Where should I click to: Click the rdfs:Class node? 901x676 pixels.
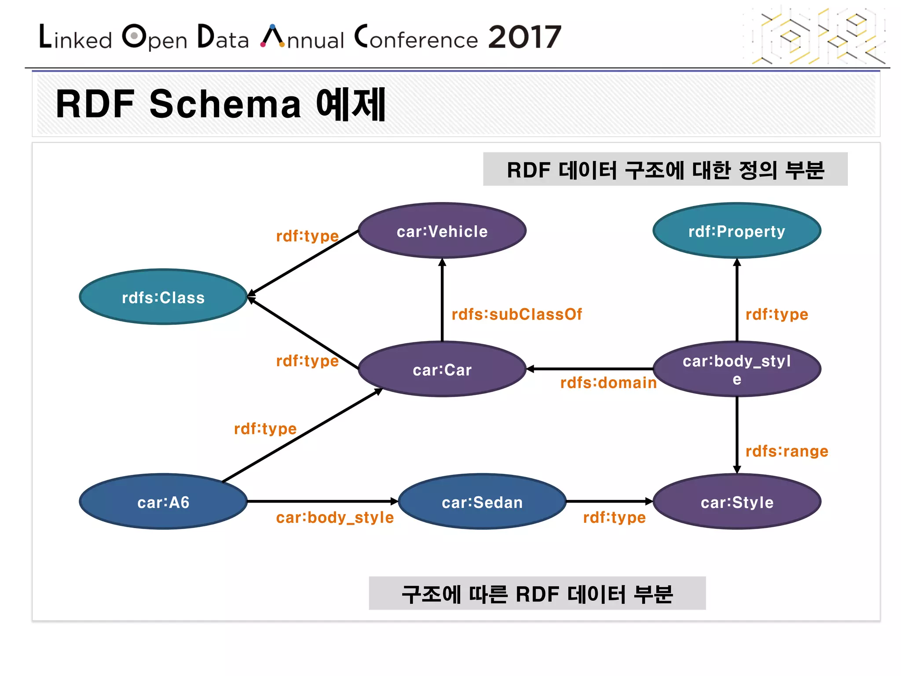(x=163, y=297)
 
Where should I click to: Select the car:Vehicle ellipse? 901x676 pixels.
(x=442, y=231)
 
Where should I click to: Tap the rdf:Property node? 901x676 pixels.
(x=737, y=231)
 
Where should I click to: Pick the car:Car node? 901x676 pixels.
(x=442, y=369)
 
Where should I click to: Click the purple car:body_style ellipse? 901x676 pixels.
(x=737, y=369)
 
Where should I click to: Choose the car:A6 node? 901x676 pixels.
(x=163, y=502)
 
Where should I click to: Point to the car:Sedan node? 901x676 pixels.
(x=482, y=502)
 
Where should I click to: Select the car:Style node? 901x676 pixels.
(x=737, y=502)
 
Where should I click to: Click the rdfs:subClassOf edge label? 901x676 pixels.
(x=517, y=314)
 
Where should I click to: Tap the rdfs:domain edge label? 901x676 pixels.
(x=608, y=382)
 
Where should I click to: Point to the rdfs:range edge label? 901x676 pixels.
(x=787, y=451)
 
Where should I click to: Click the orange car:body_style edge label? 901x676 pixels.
(x=335, y=518)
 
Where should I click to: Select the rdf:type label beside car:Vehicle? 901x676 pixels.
(x=308, y=236)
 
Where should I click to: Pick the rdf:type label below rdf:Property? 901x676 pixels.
(x=777, y=314)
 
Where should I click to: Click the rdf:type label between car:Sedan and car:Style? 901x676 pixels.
(x=614, y=518)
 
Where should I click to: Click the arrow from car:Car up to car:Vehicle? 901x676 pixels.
(x=442, y=299)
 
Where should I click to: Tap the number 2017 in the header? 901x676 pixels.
(x=524, y=37)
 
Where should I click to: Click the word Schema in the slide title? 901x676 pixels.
(x=225, y=104)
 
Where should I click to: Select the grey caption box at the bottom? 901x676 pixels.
(x=537, y=593)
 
